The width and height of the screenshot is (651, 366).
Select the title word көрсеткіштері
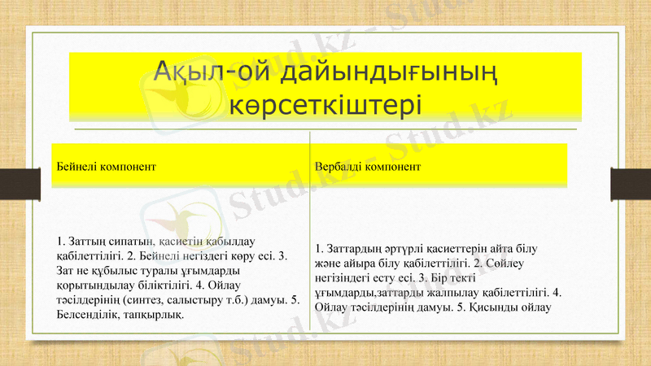tap(325, 106)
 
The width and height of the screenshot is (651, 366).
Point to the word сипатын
tap(129, 242)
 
